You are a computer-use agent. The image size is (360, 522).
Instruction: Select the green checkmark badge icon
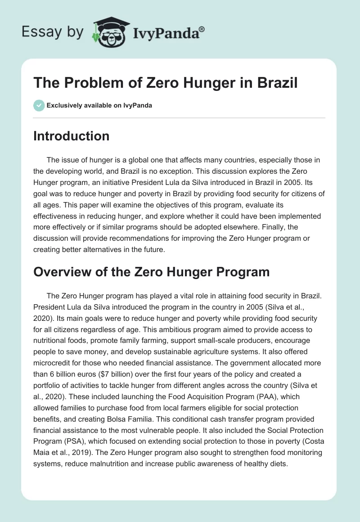pyautogui.click(x=38, y=106)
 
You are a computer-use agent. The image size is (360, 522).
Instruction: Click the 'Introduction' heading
pyautogui.click(x=71, y=136)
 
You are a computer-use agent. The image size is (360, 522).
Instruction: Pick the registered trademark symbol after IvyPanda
pyautogui.click(x=202, y=29)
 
